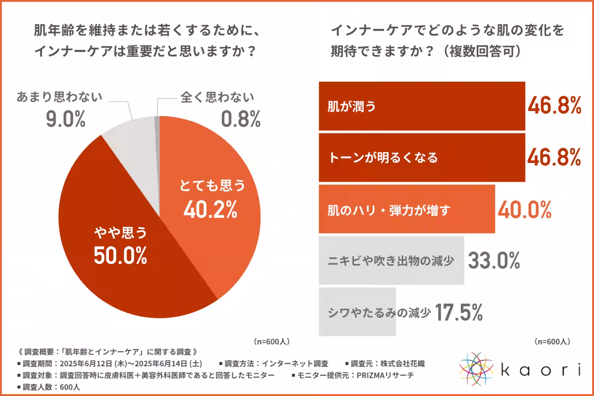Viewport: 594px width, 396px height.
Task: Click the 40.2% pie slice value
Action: [x=210, y=210]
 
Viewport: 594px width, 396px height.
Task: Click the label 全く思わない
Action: [x=215, y=97]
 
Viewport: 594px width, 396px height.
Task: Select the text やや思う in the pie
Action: [x=121, y=232]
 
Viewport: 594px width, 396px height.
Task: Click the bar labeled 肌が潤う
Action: [x=421, y=106]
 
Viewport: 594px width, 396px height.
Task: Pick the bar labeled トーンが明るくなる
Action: [x=421, y=158]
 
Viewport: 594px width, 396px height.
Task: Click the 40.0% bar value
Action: [x=524, y=210]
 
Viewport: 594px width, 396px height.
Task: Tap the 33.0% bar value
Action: [x=494, y=260]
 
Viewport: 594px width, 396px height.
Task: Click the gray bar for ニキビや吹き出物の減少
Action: [x=391, y=260]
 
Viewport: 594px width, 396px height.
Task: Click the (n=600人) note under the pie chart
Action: [x=271, y=342]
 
